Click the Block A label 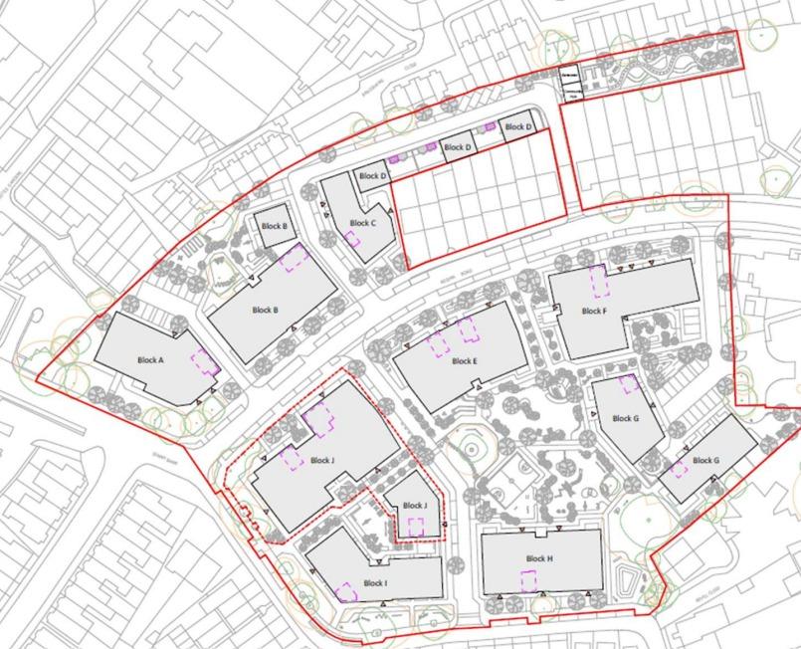[149, 360]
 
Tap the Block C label [363, 224]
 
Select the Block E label [464, 361]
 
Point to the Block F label [593, 312]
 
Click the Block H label [539, 559]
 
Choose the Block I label [374, 583]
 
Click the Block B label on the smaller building [274, 227]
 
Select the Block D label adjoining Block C [373, 176]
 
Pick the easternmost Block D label [517, 127]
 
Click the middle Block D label [458, 147]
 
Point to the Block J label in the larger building [321, 461]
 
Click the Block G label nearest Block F [625, 419]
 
